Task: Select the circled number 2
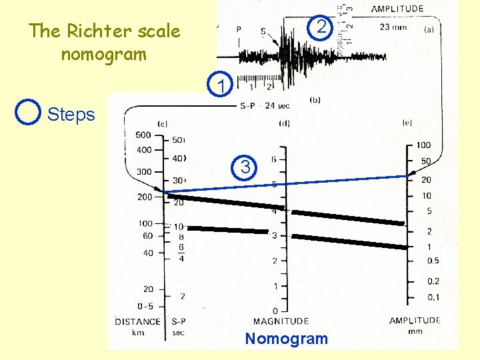coord(321,27)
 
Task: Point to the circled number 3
coord(245,167)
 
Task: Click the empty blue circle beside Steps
coord(28,113)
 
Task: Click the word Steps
coord(71,115)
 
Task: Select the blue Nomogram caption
coord(286,339)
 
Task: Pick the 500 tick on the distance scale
coord(143,135)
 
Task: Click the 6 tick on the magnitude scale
coord(275,159)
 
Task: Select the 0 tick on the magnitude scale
coord(275,311)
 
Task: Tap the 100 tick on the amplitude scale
coord(423,145)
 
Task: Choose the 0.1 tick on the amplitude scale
coord(433,297)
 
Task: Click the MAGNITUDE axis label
coord(281,321)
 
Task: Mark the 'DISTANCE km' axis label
coord(137,326)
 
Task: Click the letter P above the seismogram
coord(239,30)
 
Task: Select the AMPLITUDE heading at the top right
coord(397,9)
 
